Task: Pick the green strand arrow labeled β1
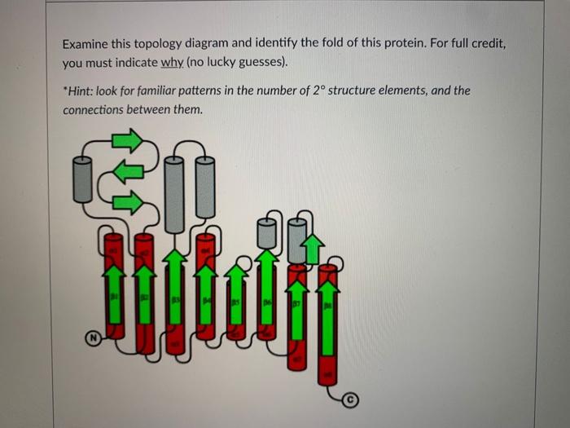click(115, 298)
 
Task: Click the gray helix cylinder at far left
click(81, 179)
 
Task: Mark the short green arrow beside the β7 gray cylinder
click(313, 249)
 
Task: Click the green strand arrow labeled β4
click(206, 298)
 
